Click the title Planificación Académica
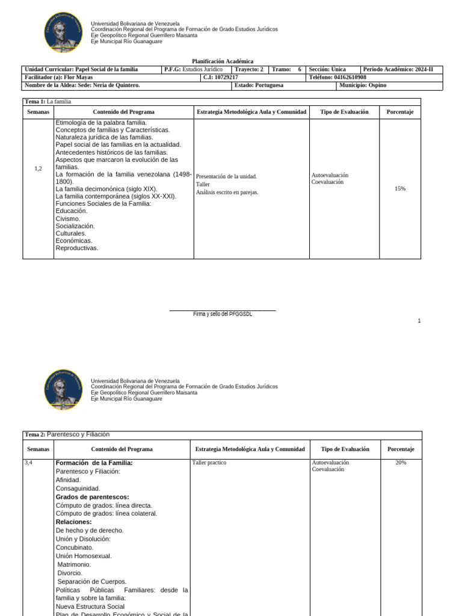pos(223,61)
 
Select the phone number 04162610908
pos(350,78)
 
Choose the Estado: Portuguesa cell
pos(259,85)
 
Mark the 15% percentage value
pos(399,188)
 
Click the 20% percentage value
pos(401,463)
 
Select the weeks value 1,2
pos(38,168)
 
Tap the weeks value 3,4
pos(29,463)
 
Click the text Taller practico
pos(209,463)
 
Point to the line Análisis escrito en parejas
pos(227,192)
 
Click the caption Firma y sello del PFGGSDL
pos(222,314)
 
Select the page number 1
pos(419,321)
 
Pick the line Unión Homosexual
pos(84,556)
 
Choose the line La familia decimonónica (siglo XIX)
pos(106,189)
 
